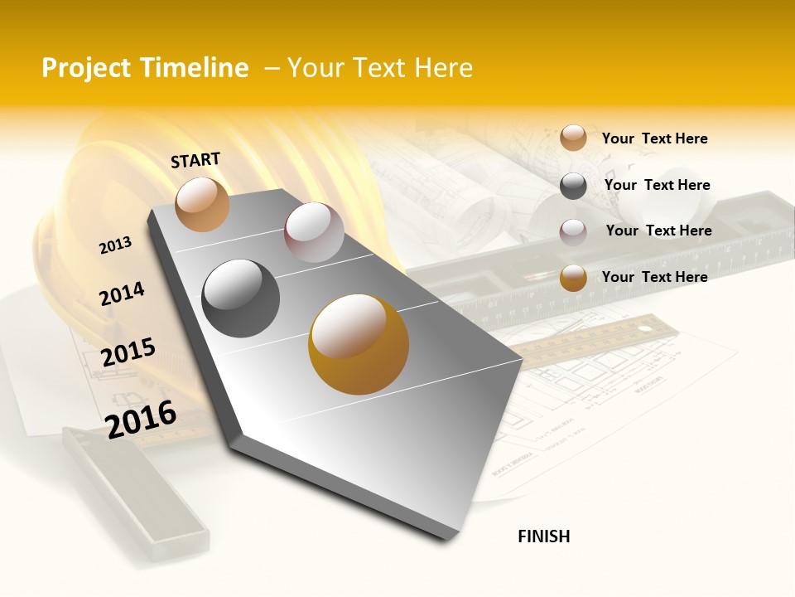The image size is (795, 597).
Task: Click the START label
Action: [195, 160]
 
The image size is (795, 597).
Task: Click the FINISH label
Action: [543, 536]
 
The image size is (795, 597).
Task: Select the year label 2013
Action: [115, 245]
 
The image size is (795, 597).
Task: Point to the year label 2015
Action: [128, 352]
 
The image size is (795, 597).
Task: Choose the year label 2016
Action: [142, 419]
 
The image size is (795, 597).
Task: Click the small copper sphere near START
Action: [202, 204]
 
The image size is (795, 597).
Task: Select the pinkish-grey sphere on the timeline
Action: [314, 232]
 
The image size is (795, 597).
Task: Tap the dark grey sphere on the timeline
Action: [240, 298]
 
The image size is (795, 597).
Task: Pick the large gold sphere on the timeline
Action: [358, 344]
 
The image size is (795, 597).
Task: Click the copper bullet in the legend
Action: [573, 138]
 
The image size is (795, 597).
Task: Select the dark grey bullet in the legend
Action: [573, 186]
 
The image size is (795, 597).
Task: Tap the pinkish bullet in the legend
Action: [573, 232]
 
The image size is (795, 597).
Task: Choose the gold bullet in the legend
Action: [573, 278]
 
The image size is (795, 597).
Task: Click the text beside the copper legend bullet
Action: [654, 138]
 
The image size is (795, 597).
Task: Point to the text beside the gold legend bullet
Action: [654, 277]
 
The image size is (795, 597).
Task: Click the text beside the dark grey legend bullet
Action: [657, 185]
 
